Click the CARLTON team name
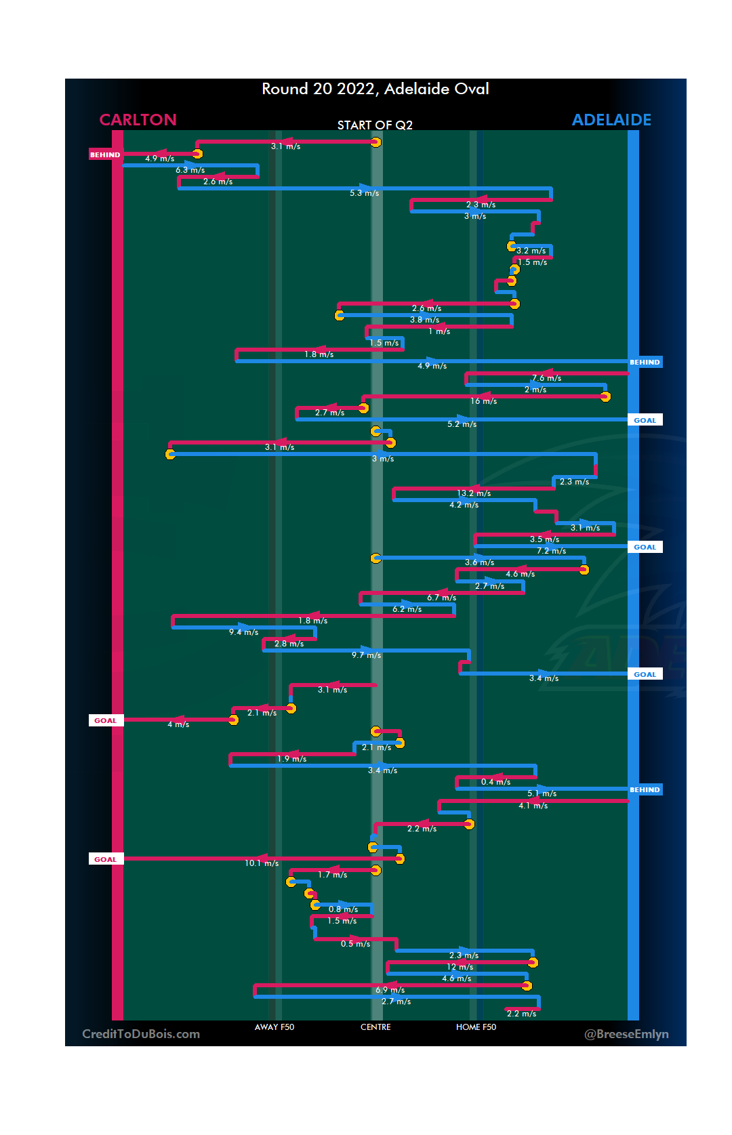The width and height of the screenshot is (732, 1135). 138,120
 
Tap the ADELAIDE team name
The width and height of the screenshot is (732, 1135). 611,120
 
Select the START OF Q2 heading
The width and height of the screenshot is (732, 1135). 375,125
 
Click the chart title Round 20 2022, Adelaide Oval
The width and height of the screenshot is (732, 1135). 375,89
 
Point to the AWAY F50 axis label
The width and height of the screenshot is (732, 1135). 274,1027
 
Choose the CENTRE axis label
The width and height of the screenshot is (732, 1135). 375,1027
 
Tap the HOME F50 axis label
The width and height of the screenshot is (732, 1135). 476,1027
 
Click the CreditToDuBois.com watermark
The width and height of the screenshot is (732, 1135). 141,1034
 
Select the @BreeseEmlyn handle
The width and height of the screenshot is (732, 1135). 626,1034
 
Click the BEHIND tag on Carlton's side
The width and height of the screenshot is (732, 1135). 105,155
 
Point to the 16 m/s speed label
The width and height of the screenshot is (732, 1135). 483,401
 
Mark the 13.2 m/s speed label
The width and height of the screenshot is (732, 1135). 474,493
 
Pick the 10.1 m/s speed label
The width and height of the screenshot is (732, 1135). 262,863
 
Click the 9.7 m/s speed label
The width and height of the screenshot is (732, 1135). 366,655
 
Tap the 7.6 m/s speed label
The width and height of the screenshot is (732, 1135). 546,378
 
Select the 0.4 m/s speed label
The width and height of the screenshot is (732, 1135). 495,782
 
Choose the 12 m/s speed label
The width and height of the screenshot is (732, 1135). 460,967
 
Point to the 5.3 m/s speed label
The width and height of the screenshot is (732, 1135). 364,193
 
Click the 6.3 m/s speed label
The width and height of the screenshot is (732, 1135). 190,170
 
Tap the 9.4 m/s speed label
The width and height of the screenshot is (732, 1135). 243,632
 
